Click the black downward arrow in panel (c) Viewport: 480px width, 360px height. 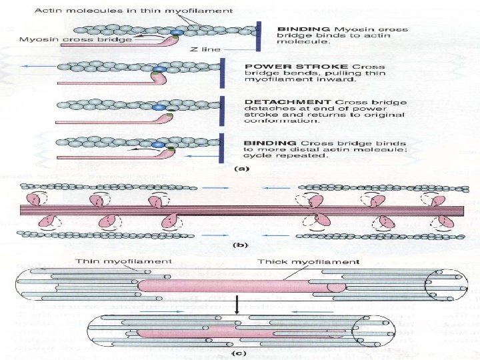(x=237, y=306)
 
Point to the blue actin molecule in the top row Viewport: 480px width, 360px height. (x=177, y=31)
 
